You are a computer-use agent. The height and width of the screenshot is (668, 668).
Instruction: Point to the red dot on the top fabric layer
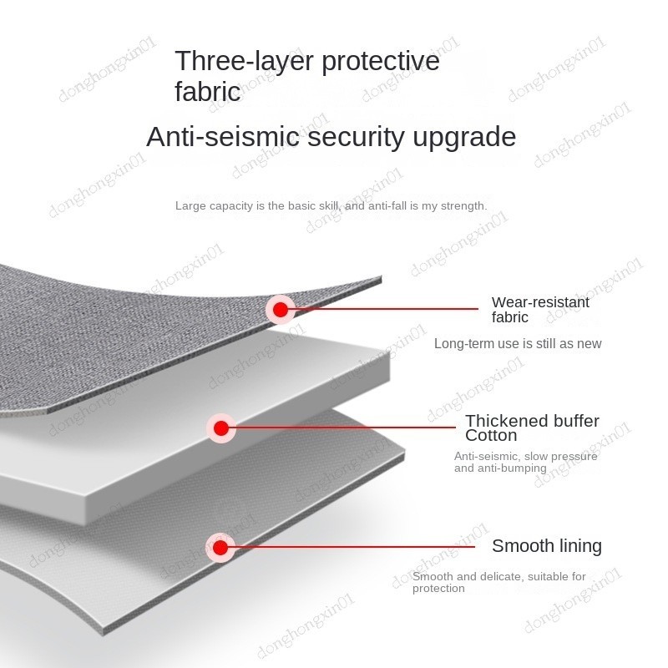click(281, 310)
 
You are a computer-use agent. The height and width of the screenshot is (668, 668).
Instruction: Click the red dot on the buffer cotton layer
click(220, 428)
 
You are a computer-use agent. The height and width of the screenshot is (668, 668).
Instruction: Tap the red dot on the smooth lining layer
click(220, 548)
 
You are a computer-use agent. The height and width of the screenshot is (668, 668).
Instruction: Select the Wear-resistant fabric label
click(540, 310)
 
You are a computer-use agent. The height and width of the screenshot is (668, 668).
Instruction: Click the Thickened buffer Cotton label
click(532, 428)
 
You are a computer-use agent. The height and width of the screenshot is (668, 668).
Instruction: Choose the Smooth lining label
click(546, 546)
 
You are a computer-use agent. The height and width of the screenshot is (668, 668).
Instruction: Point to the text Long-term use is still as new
click(518, 343)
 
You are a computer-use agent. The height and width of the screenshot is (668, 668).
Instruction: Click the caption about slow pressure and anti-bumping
click(525, 462)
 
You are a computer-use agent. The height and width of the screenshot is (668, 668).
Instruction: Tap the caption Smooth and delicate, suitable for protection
click(498, 582)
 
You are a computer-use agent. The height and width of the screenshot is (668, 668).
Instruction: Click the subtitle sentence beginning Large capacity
click(331, 205)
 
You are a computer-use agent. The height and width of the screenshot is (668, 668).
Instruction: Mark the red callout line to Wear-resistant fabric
click(384, 309)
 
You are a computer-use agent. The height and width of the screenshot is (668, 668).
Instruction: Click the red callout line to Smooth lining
click(351, 548)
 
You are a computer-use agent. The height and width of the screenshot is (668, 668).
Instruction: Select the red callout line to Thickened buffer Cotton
click(342, 428)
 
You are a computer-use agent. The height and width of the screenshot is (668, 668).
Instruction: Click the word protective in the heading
click(381, 61)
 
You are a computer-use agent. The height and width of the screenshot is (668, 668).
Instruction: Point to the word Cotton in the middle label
click(491, 435)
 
